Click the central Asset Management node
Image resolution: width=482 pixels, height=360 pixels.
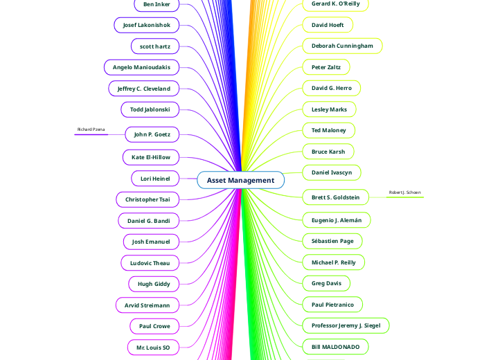tap(240, 180)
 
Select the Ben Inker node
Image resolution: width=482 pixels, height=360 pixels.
tap(157, 4)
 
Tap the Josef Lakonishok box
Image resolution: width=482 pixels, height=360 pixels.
tap(147, 25)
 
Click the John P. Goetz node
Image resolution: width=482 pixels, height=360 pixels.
tap(152, 134)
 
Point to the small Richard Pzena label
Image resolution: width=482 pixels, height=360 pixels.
tap(91, 129)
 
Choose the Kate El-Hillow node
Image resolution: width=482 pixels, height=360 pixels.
tap(151, 157)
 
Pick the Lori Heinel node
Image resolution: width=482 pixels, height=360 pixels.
tap(155, 179)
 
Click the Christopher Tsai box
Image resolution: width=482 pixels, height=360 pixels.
tap(148, 199)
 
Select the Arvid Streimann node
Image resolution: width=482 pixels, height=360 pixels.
tap(148, 305)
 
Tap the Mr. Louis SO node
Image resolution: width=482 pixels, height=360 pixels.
tap(154, 347)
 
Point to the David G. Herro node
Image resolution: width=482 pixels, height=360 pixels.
tap(332, 88)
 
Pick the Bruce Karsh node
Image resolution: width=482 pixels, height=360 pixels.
tap(328, 152)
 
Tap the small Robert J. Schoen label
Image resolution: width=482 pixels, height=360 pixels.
tap(404, 192)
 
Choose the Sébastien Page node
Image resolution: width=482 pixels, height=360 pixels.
tap(332, 241)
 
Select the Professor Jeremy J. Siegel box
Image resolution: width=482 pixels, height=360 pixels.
tap(346, 325)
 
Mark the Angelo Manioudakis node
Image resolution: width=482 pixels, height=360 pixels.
tap(142, 67)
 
